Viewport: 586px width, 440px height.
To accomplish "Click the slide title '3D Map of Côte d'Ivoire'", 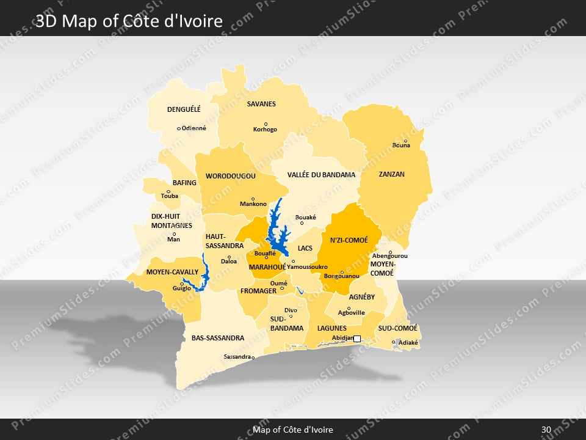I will coord(129,21).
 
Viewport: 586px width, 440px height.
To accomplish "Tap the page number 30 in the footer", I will coord(546,430).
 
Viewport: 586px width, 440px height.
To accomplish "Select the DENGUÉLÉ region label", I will coord(184,110).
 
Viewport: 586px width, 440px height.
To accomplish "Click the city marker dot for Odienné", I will coord(179,128).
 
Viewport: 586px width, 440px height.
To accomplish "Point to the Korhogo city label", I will coord(265,130).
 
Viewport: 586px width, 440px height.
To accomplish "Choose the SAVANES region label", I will coord(261,104).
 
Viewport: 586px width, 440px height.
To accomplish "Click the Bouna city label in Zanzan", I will coord(401,145).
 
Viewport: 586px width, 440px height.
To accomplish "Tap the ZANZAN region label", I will coord(391,174).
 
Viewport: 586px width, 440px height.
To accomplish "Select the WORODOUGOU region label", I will coord(230,176).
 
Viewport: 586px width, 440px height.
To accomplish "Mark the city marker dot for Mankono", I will coord(253,199).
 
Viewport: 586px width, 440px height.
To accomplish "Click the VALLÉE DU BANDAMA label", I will coord(321,175).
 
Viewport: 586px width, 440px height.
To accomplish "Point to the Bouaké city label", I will coord(306,217).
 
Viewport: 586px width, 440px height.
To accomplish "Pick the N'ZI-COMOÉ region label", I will coord(349,240).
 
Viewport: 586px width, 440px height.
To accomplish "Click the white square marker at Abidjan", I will coord(357,339).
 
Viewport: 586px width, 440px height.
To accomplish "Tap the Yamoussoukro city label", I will coord(307,267).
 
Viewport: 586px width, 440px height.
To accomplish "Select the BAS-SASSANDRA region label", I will coord(217,338).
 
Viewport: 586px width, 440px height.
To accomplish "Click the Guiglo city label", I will coord(181,288).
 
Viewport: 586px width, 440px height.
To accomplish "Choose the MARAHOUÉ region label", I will coord(267,267).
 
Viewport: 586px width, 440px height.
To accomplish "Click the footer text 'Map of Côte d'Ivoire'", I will coord(293,430).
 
